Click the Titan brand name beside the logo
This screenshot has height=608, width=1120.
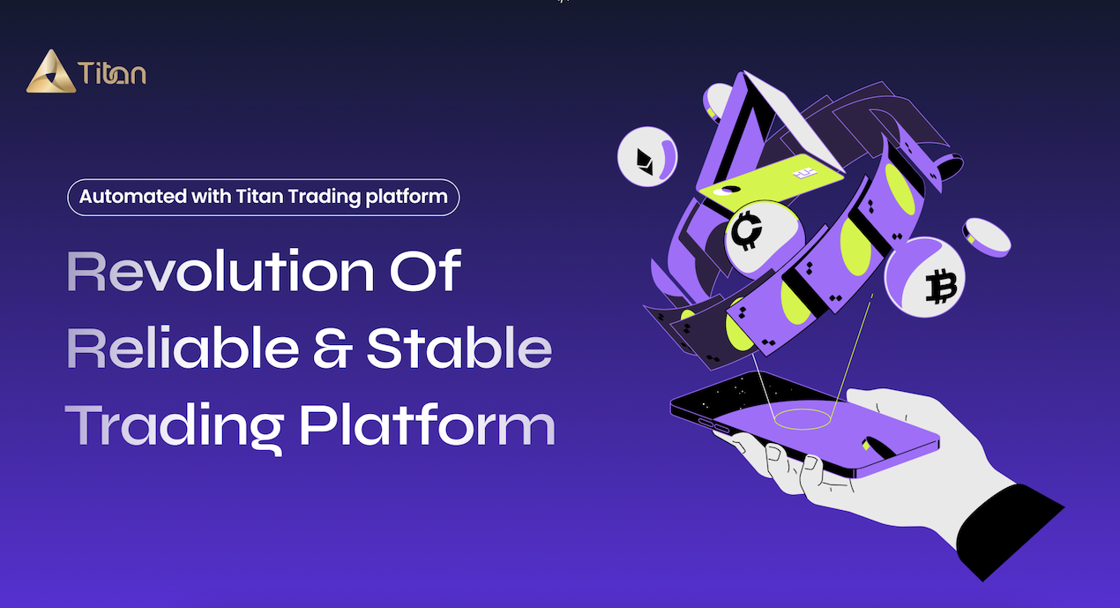[112, 73]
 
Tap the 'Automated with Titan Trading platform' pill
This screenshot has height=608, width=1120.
[264, 197]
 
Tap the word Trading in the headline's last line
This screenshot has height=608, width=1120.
[174, 425]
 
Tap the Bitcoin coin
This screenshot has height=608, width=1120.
[926, 277]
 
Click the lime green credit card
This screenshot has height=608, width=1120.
[767, 184]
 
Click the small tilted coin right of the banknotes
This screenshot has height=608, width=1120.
[987, 236]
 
